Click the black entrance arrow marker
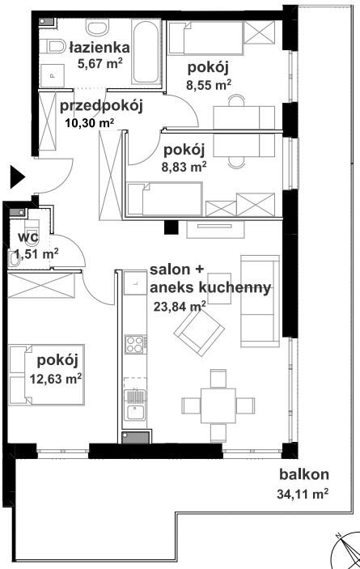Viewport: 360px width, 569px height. pos(16,177)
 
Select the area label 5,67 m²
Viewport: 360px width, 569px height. pos(100,64)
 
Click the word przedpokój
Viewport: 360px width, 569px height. pos(101,106)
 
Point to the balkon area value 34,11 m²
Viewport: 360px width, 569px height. pos(303,494)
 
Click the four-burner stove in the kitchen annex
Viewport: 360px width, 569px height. pos(136,344)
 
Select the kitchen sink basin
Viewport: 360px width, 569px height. pos(135,412)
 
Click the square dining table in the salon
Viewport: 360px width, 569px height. pos(218,406)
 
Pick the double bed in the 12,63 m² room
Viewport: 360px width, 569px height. pos(46,375)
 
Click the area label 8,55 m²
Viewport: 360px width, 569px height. pos(209,85)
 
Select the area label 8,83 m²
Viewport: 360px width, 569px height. pos(184,167)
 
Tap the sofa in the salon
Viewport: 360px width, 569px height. pos(260,301)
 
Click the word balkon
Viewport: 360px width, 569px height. pos(304,474)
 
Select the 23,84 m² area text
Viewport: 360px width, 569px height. pos(180,307)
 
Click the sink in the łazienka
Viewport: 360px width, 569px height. pos(98,28)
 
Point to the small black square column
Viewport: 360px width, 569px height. pos(172,227)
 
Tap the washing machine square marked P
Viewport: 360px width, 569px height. pos(53,76)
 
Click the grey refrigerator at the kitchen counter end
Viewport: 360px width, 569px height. pos(136,437)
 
